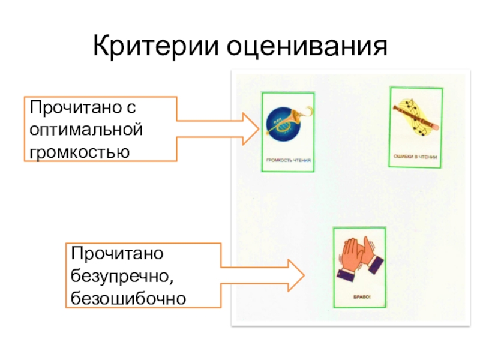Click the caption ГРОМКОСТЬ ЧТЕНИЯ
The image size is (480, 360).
click(288, 160)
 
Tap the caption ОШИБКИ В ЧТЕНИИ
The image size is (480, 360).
click(415, 157)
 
